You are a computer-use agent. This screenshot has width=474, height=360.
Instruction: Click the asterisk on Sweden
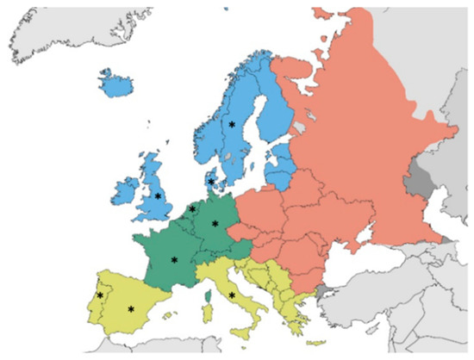(x=232, y=124)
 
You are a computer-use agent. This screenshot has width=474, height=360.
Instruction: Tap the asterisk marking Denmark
(x=211, y=181)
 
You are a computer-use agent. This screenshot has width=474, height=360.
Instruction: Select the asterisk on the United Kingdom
(x=158, y=196)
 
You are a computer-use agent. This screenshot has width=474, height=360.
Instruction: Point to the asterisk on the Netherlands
(x=192, y=208)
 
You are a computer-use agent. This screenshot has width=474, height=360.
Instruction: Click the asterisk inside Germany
(x=215, y=224)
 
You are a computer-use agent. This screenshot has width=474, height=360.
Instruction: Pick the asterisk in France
(x=174, y=259)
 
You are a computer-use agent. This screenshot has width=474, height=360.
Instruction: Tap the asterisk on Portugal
(x=100, y=295)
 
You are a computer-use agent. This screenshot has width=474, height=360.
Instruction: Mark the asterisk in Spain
(x=131, y=308)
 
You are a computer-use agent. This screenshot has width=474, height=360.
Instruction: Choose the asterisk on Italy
(x=233, y=295)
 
